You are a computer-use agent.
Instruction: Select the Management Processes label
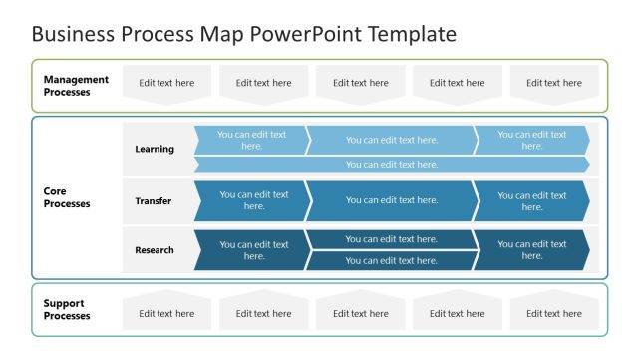[x=76, y=86]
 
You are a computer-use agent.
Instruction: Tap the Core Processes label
[x=67, y=197]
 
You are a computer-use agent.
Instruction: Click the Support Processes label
[x=67, y=309]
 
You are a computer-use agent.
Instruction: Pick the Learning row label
[x=155, y=149]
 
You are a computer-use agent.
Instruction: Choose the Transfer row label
[x=154, y=201]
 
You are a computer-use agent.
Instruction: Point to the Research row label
[x=155, y=250]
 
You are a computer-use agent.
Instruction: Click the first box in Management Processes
[x=166, y=84]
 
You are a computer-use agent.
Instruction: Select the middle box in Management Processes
[x=360, y=84]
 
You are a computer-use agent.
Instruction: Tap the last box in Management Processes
[x=554, y=84]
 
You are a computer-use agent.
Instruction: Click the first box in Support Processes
[x=166, y=312]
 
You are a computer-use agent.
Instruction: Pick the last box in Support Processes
[x=554, y=312]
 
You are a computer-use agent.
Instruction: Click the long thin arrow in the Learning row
[x=391, y=165]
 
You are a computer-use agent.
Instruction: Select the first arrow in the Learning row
[x=250, y=140]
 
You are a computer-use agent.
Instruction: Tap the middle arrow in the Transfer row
[x=391, y=200]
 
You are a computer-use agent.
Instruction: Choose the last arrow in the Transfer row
[x=530, y=200]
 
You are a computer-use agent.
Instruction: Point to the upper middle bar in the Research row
[x=391, y=239]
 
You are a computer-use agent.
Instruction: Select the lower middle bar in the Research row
[x=391, y=261]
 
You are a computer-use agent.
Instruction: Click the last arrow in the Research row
[x=530, y=250]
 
